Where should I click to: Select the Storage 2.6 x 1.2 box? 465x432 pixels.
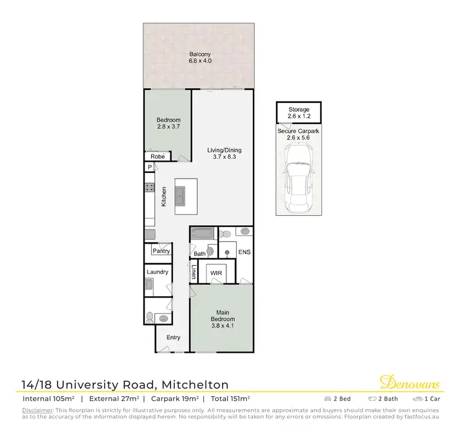tap(298, 113)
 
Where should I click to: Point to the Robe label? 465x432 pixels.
tap(158, 157)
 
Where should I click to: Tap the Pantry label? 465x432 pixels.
tap(161, 251)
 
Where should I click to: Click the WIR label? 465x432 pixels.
tap(216, 272)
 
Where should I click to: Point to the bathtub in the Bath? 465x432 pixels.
tap(202, 234)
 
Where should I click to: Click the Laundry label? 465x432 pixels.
tap(157, 272)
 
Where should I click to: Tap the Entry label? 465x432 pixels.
tap(173, 337)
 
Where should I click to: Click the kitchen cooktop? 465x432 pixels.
tap(149, 186)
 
